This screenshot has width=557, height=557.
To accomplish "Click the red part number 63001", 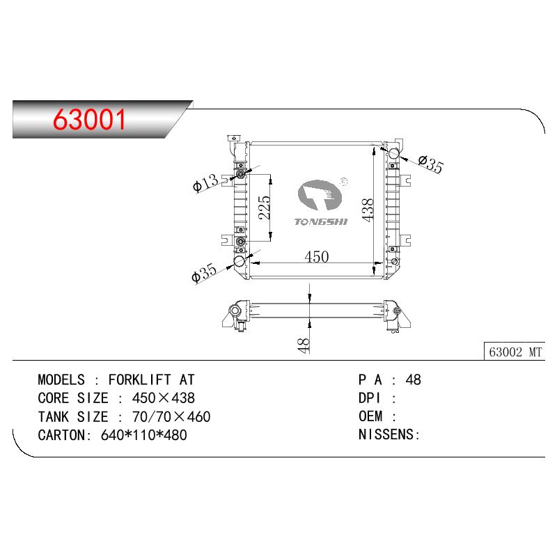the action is coord(89,119).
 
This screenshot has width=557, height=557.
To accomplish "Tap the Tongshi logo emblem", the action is coord(320,195).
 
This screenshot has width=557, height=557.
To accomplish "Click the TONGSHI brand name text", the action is coord(321,221).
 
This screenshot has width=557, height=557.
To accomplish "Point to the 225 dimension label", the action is coord(265,207).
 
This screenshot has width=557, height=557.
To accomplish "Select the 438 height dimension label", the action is coord(368,210).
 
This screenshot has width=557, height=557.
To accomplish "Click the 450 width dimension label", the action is coord(317,256).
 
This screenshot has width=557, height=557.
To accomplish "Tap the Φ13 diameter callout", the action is coord(205,182).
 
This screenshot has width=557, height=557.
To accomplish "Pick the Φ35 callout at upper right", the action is coord(431,164).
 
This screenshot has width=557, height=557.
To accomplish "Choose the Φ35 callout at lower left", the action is coord(203,272).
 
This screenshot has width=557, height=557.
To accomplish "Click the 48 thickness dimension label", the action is coord(304,345).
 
